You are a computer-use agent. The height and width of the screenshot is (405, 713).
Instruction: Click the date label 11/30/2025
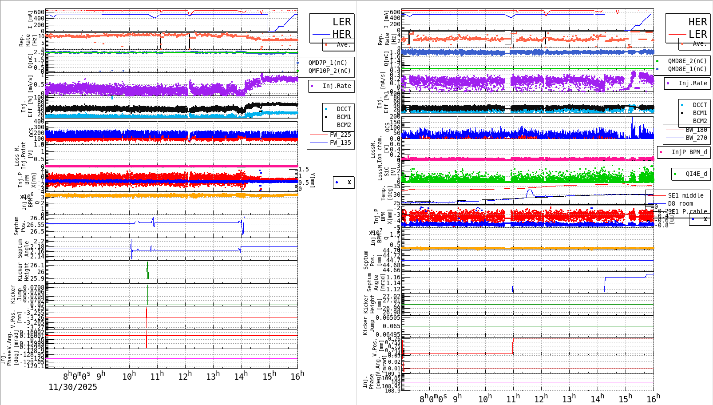pos(73,387)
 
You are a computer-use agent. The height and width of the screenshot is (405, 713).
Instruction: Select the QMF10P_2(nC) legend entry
pos(329,71)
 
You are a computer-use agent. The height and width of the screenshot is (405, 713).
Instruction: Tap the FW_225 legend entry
pos(340,135)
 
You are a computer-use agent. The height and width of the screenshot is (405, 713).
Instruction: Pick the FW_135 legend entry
pos(340,143)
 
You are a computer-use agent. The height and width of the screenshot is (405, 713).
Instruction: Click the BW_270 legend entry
pos(696,138)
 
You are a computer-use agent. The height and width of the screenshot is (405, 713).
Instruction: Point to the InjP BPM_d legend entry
pos(689,152)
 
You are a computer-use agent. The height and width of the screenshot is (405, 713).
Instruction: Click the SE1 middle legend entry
pos(685,195)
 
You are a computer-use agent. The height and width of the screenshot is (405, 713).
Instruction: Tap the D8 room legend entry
pos(680,203)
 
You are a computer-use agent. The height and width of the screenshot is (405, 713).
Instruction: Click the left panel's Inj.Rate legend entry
pos(337,86)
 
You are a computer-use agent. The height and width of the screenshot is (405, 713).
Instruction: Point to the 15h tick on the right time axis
pos(626,398)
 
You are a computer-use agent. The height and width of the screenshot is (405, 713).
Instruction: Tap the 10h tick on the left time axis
pos(129,377)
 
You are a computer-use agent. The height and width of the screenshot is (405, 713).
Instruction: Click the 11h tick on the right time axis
pos(512,398)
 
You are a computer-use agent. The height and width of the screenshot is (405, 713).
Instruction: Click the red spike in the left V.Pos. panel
pos(147,318)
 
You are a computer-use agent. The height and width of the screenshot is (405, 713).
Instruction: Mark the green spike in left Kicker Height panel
pos(147,270)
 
